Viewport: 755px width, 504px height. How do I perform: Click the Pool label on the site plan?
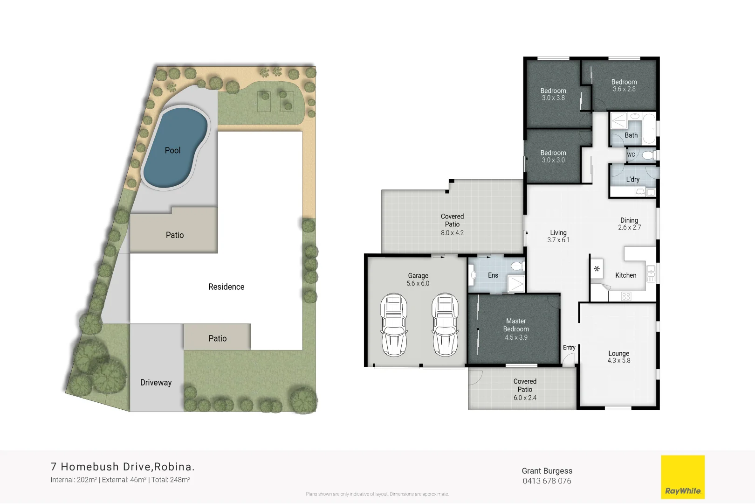172,150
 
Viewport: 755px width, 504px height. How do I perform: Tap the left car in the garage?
394,325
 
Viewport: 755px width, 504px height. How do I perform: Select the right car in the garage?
445,325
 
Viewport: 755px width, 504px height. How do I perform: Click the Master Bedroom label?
516,325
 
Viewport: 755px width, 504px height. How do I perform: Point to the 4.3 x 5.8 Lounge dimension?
618,361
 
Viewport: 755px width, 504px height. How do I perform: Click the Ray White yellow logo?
683,477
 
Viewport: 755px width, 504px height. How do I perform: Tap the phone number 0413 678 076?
547,481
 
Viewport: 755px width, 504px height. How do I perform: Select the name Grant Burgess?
547,471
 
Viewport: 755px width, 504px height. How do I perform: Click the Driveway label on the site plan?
156,383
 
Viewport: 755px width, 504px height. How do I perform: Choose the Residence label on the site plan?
226,287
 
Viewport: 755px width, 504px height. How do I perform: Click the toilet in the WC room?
647,155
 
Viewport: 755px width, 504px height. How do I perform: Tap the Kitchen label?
625,275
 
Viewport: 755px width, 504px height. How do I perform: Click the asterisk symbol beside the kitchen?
597,269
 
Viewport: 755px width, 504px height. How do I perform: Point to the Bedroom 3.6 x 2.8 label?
624,85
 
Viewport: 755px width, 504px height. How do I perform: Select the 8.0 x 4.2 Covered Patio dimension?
452,233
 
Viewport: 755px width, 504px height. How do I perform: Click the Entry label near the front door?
569,348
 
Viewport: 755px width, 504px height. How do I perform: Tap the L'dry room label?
632,180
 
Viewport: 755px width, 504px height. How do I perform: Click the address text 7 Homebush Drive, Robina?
123,467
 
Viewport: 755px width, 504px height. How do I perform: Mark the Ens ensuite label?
493,275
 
